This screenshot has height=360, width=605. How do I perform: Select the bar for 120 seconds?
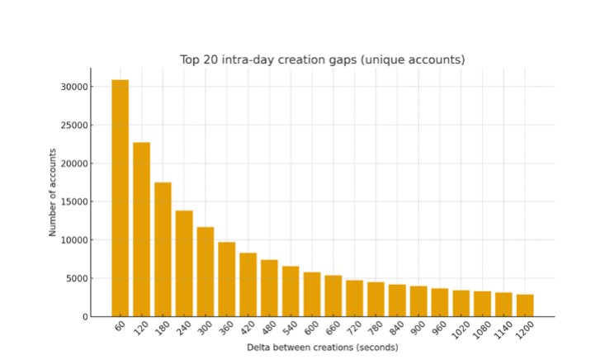coord(142,230)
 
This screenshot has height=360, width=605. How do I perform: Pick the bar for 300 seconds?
coord(206,272)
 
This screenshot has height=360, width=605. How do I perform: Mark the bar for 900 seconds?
coord(418,301)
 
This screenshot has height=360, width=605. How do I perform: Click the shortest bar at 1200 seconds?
coord(525,306)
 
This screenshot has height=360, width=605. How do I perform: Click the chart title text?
coord(323,59)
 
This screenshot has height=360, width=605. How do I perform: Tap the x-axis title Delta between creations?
coord(323,348)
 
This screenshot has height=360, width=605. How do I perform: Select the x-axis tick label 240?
coord(183,329)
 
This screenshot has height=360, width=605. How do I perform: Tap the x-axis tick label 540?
coord(290,329)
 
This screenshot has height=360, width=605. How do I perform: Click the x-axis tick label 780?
coord(375,329)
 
